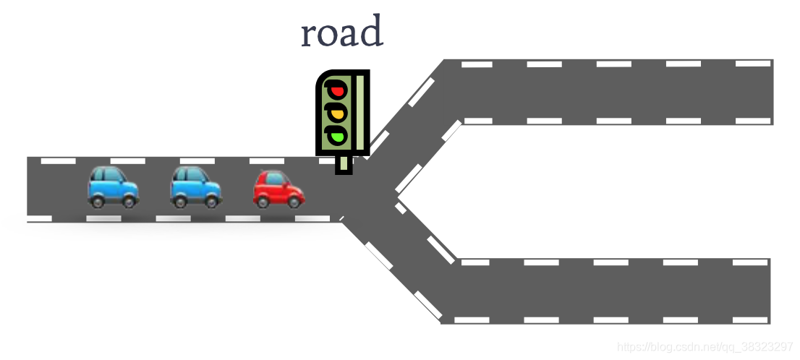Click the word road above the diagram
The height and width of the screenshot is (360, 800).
[341, 33]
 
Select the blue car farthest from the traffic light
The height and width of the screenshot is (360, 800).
[114, 187]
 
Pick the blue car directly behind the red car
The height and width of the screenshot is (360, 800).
[196, 187]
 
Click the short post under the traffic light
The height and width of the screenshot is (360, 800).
[344, 165]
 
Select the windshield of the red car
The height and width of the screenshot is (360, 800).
[274, 178]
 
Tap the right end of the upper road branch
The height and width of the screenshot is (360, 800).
[767, 92]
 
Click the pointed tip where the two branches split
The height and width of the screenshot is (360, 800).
[397, 194]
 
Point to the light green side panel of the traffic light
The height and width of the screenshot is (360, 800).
[359, 112]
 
